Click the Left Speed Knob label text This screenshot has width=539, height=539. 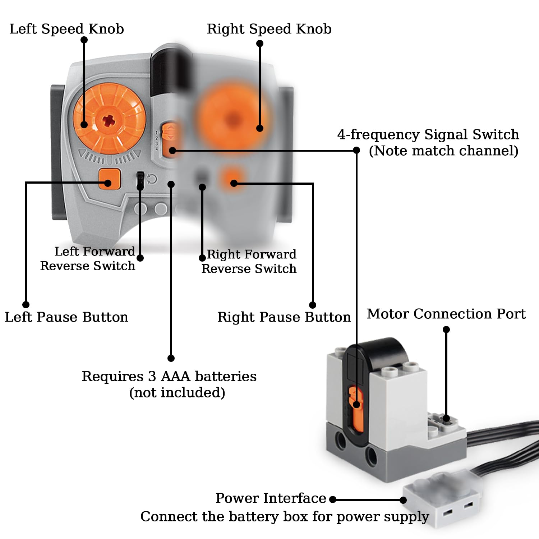point(66,29)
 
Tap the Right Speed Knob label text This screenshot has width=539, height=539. point(269,29)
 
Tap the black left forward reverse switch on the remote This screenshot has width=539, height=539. point(140,180)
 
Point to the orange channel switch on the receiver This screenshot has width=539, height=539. point(356,410)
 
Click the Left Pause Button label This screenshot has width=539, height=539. point(66,317)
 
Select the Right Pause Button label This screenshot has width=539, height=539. point(284,317)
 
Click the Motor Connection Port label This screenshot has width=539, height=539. point(446,314)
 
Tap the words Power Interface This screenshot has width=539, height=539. point(271,498)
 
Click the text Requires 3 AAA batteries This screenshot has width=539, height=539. point(169,377)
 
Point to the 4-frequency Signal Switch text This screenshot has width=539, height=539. point(428,135)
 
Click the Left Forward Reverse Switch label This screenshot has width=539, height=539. point(88,259)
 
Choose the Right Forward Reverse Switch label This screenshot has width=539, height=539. point(250,262)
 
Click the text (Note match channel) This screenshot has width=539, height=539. point(443,151)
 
